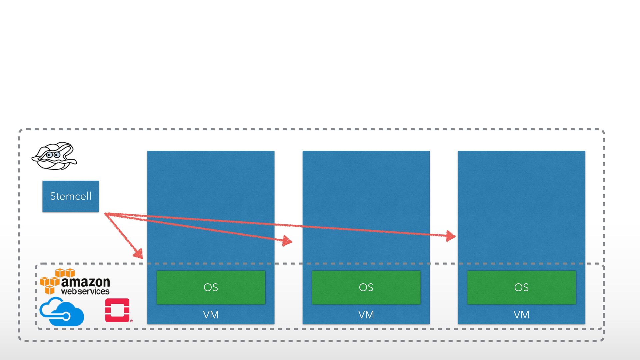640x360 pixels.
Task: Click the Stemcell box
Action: [70, 196]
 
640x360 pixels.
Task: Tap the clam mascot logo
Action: [54, 156]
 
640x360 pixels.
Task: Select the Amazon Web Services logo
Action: [75, 282]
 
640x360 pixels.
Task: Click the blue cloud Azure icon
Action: [62, 312]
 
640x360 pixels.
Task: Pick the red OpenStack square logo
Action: [117, 310]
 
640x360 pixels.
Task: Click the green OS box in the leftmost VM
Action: [211, 287]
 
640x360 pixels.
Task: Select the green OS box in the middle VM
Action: [366, 287]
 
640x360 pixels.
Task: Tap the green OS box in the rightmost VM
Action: [521, 287]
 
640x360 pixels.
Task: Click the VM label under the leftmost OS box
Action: [211, 315]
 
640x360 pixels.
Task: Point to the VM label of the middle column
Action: [366, 315]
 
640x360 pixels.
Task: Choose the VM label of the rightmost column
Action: [521, 315]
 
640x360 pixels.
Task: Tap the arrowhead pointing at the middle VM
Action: [287, 240]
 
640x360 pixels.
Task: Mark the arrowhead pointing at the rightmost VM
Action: [450, 236]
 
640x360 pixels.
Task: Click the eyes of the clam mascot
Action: [53, 155]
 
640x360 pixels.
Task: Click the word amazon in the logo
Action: [86, 282]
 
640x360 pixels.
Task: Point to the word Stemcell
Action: [70, 196]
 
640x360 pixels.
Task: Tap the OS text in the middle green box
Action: [366, 287]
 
